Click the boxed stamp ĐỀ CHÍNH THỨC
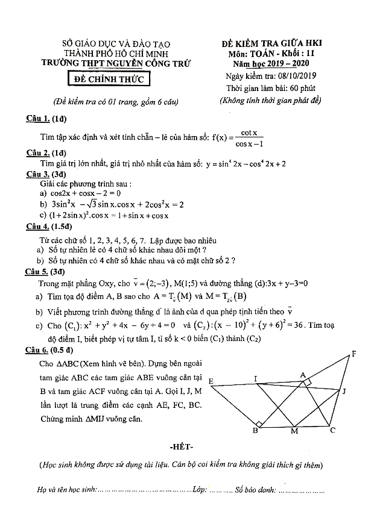pos(108,80)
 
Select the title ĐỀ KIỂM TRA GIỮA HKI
pos(272,43)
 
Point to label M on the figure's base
pos(294,432)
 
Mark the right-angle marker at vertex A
pos(308,381)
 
